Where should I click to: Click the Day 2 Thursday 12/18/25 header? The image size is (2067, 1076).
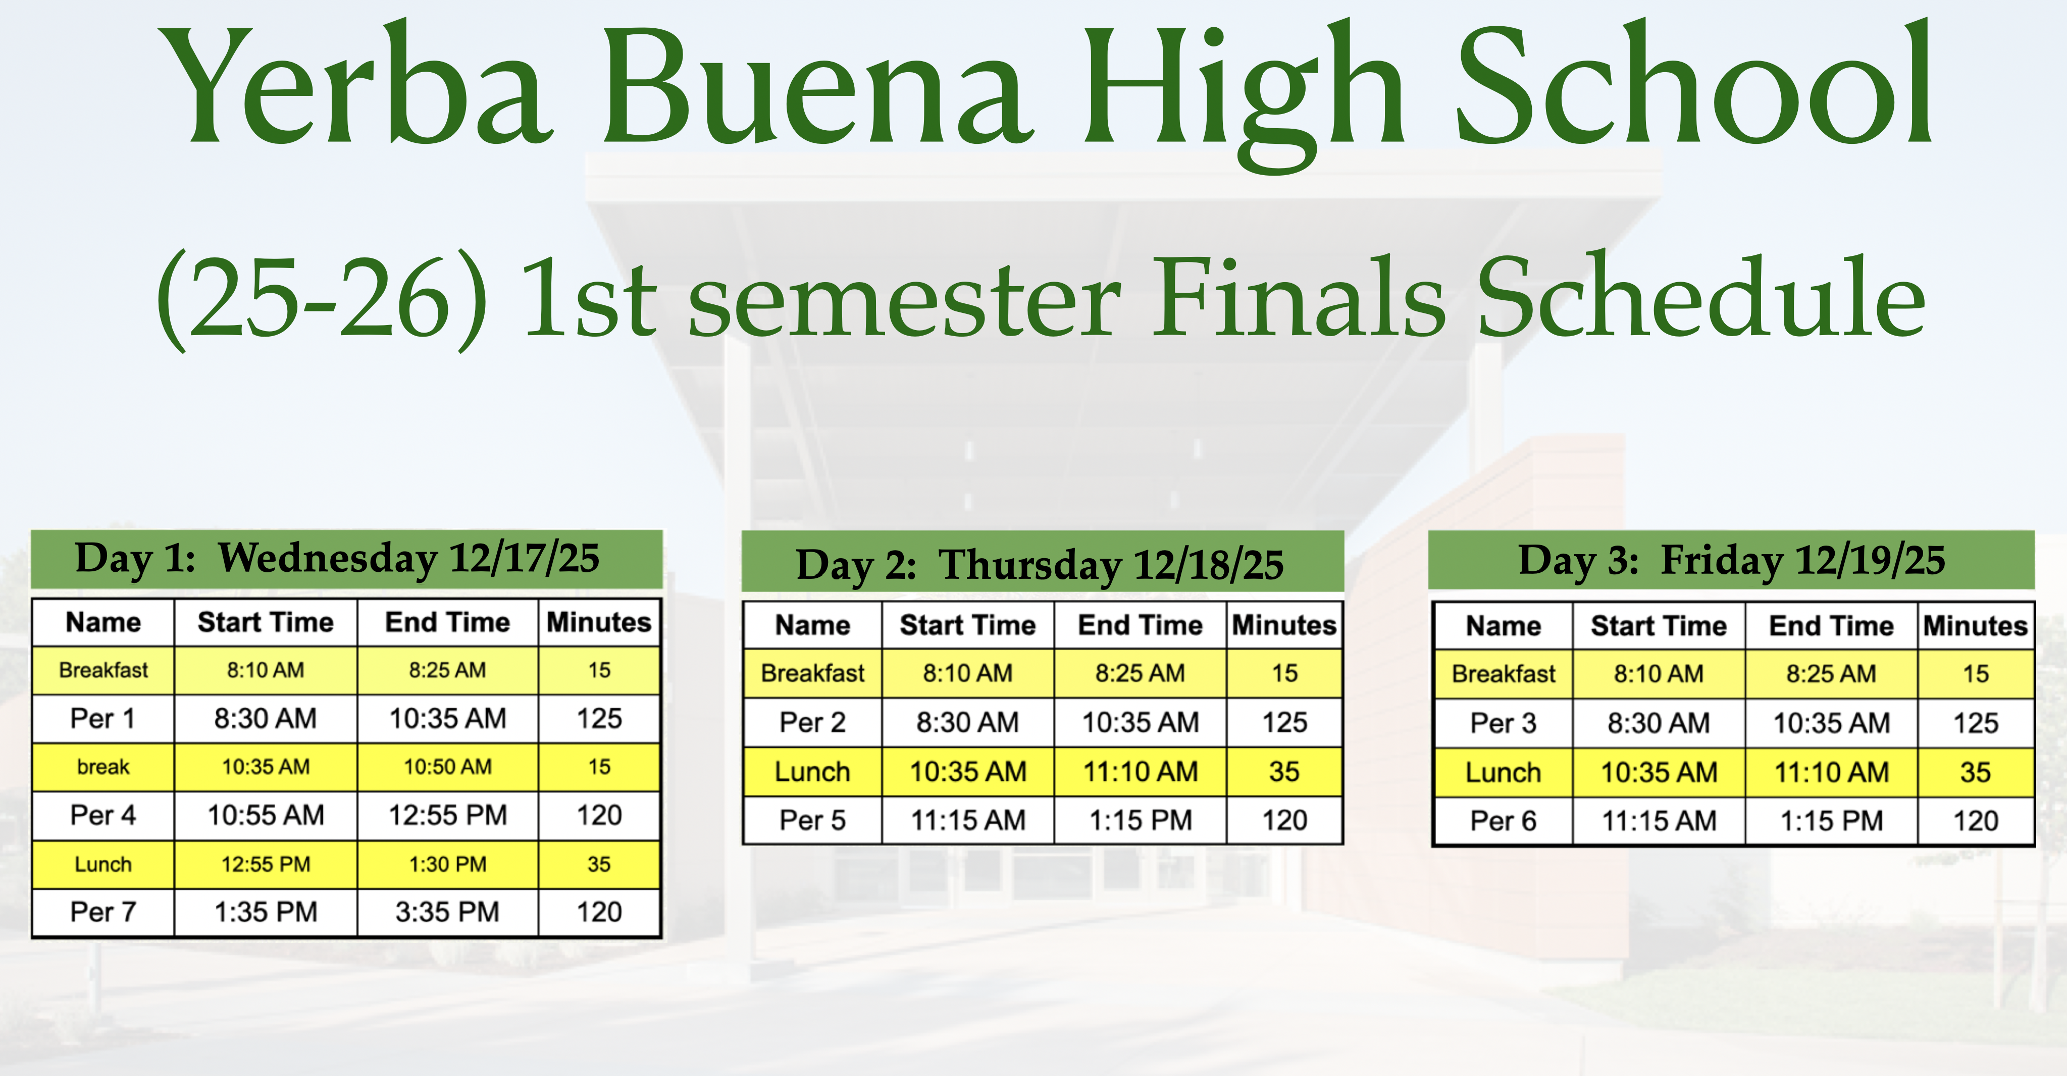(x=1040, y=565)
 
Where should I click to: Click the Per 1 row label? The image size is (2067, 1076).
(x=102, y=718)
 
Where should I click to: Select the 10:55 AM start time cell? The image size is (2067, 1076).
(x=266, y=815)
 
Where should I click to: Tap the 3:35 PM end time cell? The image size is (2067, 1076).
(x=447, y=912)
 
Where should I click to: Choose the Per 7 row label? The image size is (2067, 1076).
(x=102, y=912)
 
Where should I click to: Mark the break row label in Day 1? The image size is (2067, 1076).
(x=102, y=767)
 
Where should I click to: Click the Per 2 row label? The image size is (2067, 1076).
(x=812, y=722)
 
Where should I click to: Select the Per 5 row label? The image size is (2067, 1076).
(x=812, y=820)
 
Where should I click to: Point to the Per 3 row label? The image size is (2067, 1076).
(x=1503, y=723)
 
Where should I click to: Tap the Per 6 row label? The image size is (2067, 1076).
(x=1503, y=821)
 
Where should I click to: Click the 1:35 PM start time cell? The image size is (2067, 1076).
(x=266, y=912)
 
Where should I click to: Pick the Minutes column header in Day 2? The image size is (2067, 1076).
(x=1284, y=625)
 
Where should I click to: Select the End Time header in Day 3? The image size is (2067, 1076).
(x=1831, y=626)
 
